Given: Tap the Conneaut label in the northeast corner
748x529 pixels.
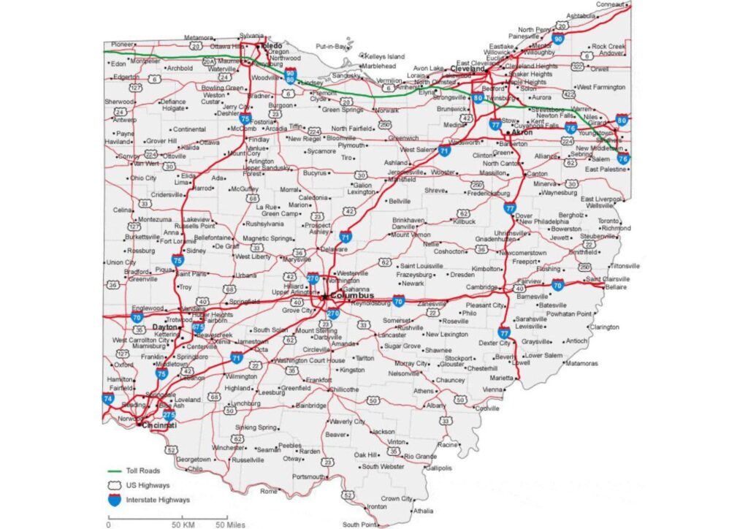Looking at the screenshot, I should click(x=610, y=4).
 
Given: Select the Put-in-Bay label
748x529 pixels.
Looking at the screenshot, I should click(x=330, y=46).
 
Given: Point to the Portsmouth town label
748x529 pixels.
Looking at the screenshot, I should click(x=308, y=476).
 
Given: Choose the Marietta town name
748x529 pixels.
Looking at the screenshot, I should click(x=502, y=378).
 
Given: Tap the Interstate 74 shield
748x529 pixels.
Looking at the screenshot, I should click(x=108, y=399).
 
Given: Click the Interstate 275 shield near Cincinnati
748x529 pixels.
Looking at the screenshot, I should click(x=169, y=414).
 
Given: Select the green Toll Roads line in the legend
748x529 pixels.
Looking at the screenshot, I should click(x=114, y=471).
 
